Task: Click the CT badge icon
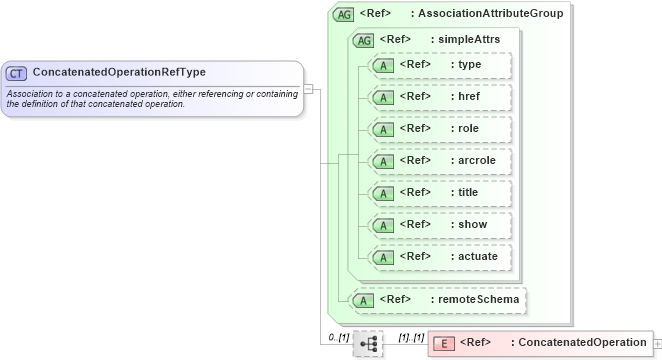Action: [17, 73]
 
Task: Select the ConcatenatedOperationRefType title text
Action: [119, 73]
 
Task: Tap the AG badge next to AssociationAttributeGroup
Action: [344, 14]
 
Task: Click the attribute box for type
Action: [440, 65]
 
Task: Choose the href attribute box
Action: [440, 97]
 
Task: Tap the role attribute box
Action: [440, 129]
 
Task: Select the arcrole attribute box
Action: [440, 161]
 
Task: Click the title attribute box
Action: [440, 193]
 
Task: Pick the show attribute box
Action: [440, 225]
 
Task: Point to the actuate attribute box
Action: [440, 257]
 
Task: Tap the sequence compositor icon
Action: [368, 343]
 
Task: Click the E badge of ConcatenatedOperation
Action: [445, 343]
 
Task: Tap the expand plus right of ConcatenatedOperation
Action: [656, 343]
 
